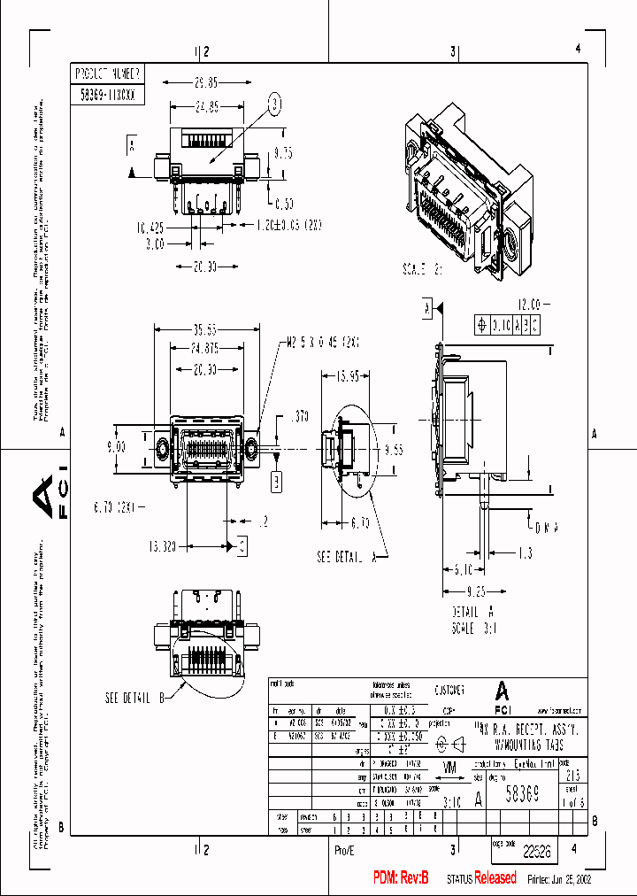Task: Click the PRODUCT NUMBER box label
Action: pos(105,73)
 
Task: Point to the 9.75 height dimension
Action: pos(282,153)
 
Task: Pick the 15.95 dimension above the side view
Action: pos(346,376)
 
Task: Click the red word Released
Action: pos(495,878)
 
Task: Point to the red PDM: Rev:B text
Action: pos(401,878)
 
